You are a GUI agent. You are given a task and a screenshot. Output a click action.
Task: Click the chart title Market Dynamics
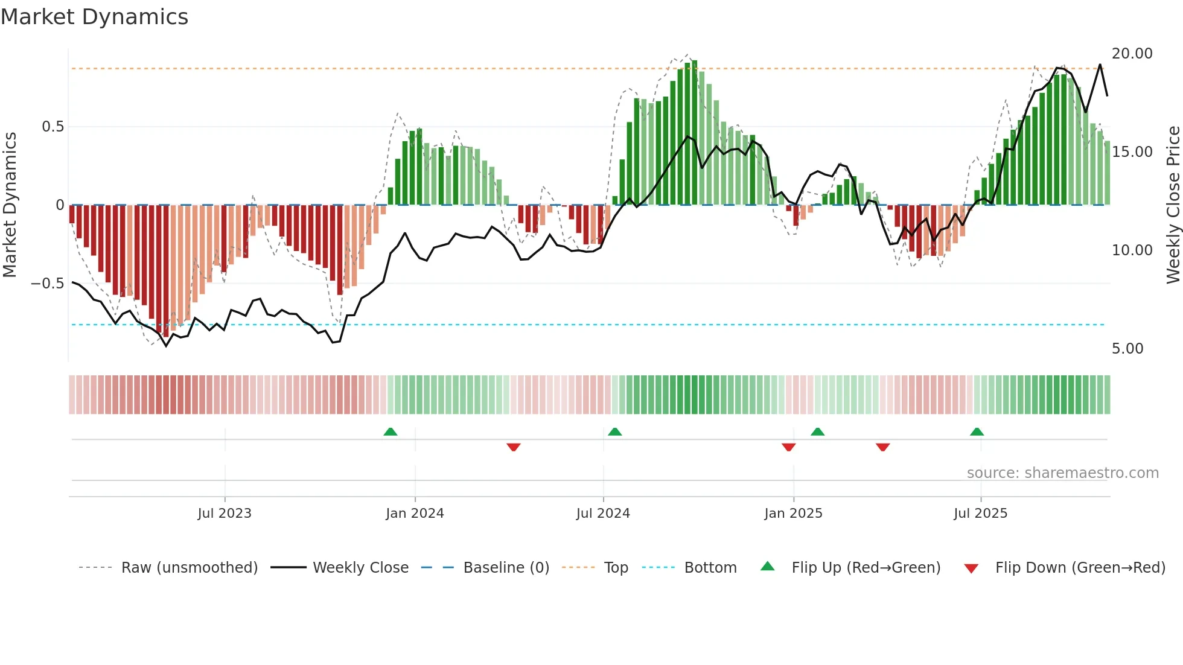click(x=94, y=17)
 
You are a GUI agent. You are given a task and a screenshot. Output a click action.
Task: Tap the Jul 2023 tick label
click(x=225, y=514)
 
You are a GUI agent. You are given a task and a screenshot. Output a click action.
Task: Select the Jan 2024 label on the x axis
click(x=415, y=514)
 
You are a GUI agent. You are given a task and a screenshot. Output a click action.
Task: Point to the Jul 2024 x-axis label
click(x=603, y=514)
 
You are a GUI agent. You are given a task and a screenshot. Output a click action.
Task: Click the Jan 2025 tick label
click(x=793, y=514)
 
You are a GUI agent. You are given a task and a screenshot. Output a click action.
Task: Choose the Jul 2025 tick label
click(x=980, y=514)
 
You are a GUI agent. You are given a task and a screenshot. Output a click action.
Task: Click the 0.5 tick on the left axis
click(x=53, y=127)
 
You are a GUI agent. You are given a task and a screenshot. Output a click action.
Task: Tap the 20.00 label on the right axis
click(x=1132, y=54)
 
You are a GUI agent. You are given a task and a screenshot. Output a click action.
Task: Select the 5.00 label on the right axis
click(x=1127, y=349)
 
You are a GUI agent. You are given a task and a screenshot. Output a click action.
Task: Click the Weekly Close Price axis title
click(x=1173, y=205)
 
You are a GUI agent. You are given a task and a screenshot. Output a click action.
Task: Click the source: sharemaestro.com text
click(x=1062, y=473)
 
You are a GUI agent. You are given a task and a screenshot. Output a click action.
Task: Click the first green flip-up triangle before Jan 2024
click(x=391, y=431)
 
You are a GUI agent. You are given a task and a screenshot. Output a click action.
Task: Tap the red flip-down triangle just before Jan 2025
click(x=788, y=447)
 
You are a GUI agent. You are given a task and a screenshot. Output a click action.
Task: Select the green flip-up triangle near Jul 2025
click(x=977, y=431)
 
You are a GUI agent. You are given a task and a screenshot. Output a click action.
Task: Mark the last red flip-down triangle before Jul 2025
click(x=882, y=447)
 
